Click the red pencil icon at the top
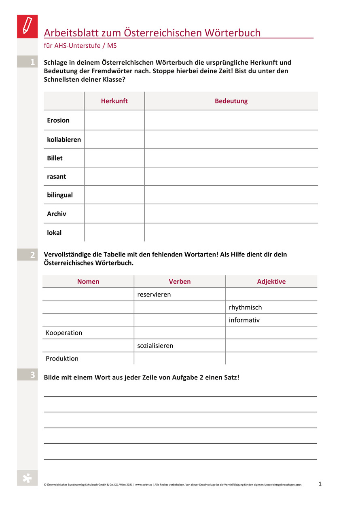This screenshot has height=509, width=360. click(x=27, y=26)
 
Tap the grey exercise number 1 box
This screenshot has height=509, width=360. click(x=27, y=62)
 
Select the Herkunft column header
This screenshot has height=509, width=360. click(x=114, y=101)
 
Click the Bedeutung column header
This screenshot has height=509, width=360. click(x=231, y=101)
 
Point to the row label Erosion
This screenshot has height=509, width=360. click(x=58, y=120)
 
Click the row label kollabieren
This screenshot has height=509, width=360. click(x=64, y=140)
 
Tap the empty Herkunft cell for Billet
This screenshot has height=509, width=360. click(x=114, y=158)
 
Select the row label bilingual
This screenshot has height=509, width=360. click(x=60, y=195)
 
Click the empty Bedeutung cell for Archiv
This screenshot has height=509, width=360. click(x=231, y=214)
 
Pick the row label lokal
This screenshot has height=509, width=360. click(x=54, y=233)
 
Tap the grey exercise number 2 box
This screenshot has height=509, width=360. click(x=27, y=254)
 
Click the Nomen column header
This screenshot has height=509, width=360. click(x=88, y=282)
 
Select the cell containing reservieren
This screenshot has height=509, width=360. click(x=154, y=295)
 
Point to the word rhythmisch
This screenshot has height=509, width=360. click(x=245, y=308)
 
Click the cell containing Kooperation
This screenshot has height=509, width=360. click(x=64, y=333)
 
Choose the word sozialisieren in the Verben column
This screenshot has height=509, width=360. click(x=155, y=346)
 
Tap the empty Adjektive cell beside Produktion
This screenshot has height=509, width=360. click(x=271, y=358)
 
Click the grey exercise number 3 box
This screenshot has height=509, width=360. click(x=27, y=375)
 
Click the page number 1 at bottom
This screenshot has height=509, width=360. click(x=320, y=484)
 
